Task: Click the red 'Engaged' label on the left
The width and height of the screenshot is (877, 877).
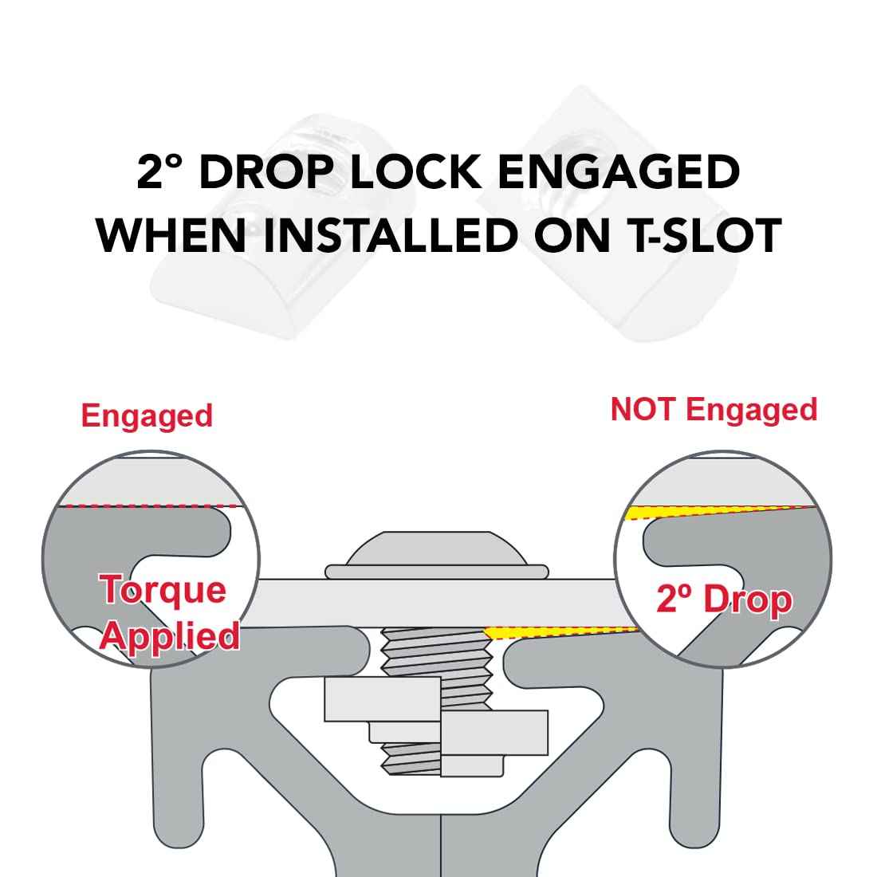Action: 147,416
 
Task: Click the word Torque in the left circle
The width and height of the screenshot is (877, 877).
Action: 162,590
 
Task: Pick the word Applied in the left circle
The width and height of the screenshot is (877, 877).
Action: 171,635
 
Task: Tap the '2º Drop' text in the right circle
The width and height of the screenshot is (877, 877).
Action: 724,600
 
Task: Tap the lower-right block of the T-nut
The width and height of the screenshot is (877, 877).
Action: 494,732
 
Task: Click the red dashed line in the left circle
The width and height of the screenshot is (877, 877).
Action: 151,506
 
